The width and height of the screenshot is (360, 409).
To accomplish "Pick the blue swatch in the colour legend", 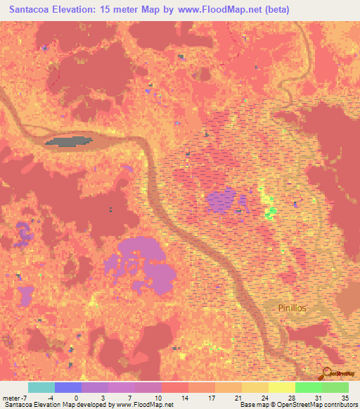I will point(68,387).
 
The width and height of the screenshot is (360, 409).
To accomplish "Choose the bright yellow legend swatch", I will point(281,387).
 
